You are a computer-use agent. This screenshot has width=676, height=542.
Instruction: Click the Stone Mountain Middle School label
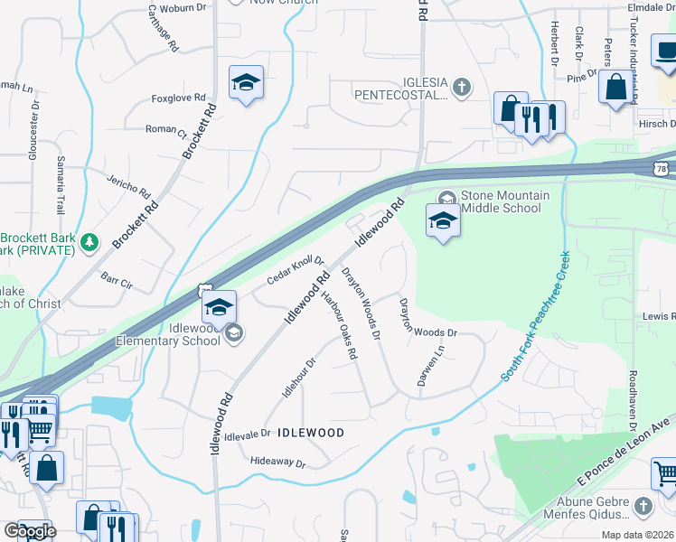[501, 201]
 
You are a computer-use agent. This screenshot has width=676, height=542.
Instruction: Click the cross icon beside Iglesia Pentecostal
[462, 88]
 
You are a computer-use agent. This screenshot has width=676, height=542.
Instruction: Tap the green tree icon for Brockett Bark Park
[89, 241]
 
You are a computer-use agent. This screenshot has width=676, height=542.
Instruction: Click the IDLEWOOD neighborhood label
[310, 434]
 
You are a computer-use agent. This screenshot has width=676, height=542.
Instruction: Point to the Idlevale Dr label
[240, 434]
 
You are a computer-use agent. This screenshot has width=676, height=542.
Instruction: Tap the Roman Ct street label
[165, 129]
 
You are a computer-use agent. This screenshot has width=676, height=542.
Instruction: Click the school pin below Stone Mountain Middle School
[443, 220]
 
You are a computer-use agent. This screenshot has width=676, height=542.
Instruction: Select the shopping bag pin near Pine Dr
[616, 88]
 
